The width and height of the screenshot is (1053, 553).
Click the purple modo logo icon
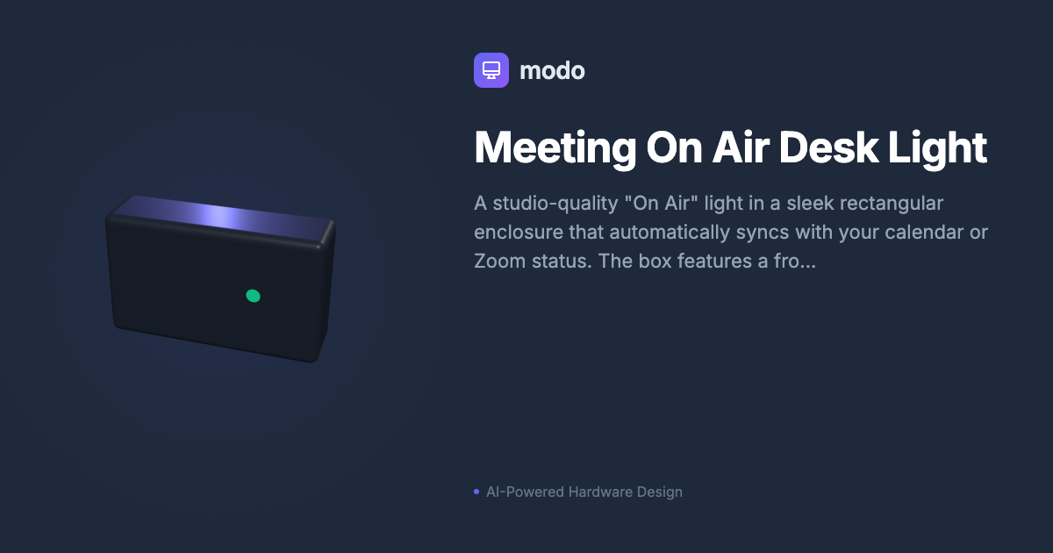click(x=491, y=70)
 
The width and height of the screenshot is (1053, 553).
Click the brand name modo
click(x=552, y=70)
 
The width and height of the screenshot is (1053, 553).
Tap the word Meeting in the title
click(x=555, y=147)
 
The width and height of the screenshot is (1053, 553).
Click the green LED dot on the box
click(x=253, y=296)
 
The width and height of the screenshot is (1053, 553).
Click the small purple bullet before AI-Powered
click(x=476, y=492)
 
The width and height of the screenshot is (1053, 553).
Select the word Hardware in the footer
click(x=601, y=492)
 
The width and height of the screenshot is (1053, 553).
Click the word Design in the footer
click(x=661, y=492)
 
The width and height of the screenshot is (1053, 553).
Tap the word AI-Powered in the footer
click(x=525, y=492)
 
